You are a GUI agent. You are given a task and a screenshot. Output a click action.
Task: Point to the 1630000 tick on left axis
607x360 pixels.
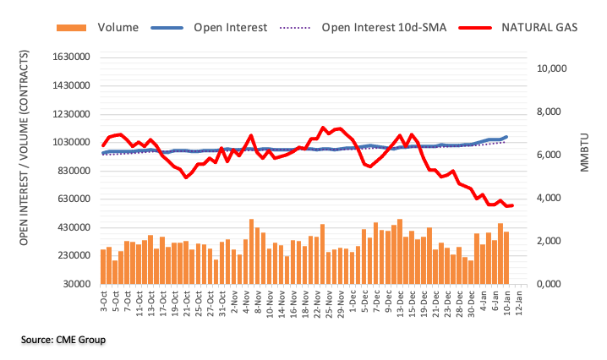point(68,57)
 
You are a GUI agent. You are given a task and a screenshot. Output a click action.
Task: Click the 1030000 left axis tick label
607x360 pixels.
point(68,143)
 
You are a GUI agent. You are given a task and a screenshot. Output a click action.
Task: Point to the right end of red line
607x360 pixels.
point(512,205)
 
